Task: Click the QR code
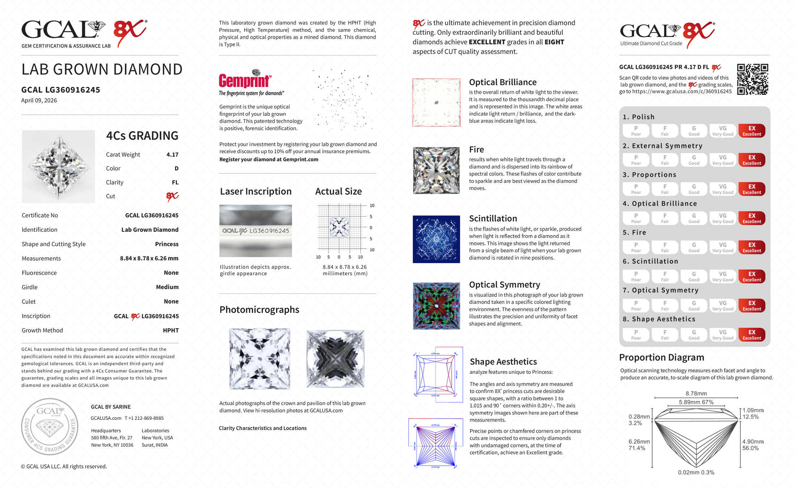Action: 752,79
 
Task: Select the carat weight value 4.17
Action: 172,155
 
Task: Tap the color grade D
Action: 176,168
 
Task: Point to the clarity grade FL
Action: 175,183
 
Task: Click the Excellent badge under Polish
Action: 751,131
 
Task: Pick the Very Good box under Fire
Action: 723,247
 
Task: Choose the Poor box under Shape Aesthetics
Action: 636,335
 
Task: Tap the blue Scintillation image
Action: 436,239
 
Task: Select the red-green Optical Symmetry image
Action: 436,306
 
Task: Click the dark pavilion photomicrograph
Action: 335,359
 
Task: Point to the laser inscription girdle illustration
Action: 255,231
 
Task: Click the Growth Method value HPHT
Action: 171,330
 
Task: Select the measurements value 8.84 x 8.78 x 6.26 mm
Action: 149,258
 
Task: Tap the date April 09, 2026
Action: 39,100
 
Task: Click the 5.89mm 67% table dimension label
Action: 696,402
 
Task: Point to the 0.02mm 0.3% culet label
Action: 696,472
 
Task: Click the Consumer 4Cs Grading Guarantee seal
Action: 50,427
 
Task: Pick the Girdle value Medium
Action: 167,287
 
